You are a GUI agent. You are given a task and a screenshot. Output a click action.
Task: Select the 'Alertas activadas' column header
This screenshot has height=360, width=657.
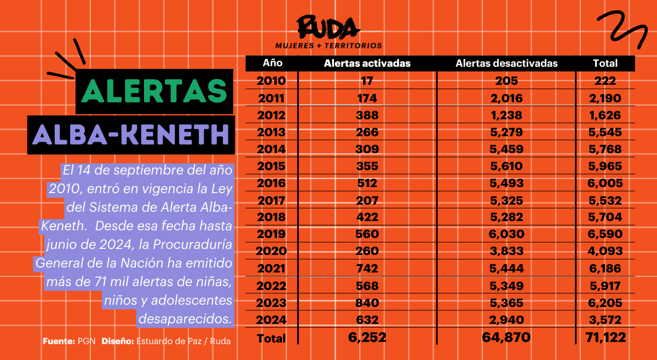(x=367, y=63)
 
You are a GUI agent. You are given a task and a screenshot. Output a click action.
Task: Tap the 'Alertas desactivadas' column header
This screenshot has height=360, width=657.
(x=506, y=63)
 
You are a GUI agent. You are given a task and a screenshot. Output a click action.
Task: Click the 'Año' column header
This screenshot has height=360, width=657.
(x=272, y=63)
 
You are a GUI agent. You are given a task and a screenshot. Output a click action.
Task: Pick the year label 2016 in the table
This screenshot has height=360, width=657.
(x=271, y=183)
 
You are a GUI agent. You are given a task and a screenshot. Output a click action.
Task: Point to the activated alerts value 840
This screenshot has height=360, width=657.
(x=367, y=303)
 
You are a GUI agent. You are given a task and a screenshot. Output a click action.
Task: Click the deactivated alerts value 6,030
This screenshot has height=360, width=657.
(x=506, y=234)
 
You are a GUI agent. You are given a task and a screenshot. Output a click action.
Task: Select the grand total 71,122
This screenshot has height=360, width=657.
(x=605, y=338)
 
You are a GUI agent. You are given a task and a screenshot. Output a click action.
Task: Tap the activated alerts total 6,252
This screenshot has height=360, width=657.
(x=367, y=338)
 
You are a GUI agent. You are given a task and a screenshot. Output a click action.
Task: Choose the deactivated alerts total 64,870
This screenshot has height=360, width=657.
(x=506, y=338)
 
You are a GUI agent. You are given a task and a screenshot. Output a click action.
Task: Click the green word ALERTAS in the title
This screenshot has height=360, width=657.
(x=154, y=91)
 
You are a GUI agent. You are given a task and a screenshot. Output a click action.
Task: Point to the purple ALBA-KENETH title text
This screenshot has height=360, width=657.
(x=131, y=134)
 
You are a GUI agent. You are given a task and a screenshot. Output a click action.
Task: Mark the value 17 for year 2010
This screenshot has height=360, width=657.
(x=367, y=81)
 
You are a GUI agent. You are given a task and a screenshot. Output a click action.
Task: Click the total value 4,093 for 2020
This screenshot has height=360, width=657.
(x=605, y=252)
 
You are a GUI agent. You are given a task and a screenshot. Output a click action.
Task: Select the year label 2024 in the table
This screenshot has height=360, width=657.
(x=271, y=320)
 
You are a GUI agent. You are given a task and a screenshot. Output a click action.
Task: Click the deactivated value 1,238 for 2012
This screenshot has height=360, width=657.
(x=506, y=115)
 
